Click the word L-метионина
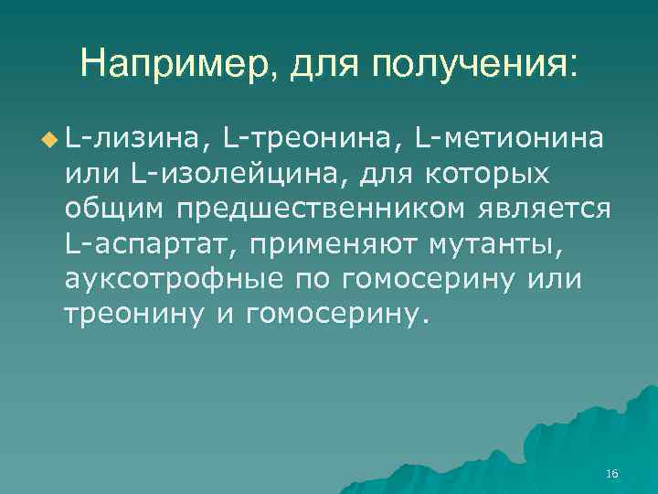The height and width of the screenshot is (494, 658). click(x=507, y=139)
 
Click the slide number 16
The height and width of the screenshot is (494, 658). click(x=612, y=473)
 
